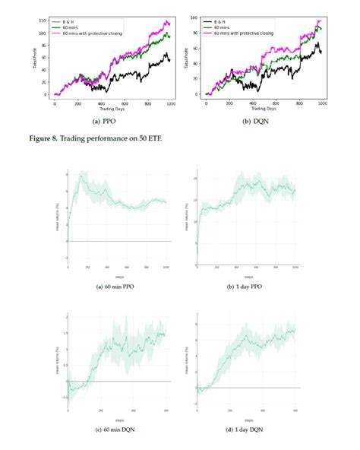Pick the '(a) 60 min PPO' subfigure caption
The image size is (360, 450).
pos(112,286)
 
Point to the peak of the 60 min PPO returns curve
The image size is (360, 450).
pos(81,174)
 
